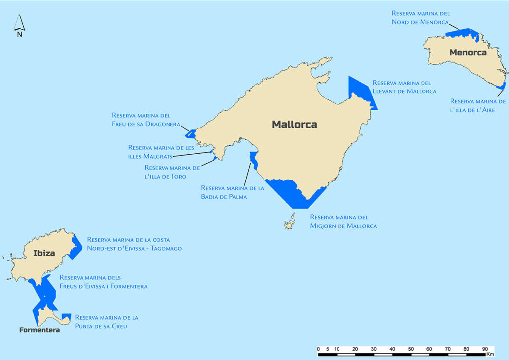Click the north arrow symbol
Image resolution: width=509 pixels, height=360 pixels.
[19, 26]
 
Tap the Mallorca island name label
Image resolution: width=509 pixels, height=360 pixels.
[294, 125]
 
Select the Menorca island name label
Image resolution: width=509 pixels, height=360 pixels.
[468, 52]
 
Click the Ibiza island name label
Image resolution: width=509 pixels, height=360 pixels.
[44, 253]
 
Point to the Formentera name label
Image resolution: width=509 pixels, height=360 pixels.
[40, 330]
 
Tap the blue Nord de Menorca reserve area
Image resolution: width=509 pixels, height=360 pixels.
[462, 33]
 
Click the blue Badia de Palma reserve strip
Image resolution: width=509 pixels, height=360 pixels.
[253, 160]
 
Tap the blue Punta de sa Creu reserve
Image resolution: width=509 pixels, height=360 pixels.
[66, 317]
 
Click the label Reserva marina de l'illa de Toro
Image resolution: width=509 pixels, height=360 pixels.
[172, 172]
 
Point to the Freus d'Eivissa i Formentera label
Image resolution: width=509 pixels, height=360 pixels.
[103, 282]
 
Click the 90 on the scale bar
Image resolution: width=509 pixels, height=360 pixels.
[485, 348]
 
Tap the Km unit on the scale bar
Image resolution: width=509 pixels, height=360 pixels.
[490, 354]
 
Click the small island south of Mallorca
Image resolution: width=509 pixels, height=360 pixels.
[290, 223]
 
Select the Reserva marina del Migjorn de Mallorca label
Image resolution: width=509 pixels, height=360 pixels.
[343, 222]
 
